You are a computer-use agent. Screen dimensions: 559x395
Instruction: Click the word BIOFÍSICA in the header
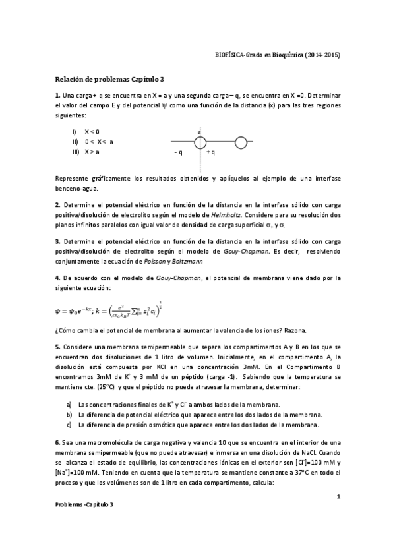click(231, 55)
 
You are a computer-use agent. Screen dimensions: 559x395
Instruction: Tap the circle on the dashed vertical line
click(200, 141)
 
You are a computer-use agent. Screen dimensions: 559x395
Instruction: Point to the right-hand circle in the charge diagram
click(241, 141)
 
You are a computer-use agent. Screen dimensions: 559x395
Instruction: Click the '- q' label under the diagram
click(178, 152)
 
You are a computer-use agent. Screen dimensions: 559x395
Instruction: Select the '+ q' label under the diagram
click(211, 152)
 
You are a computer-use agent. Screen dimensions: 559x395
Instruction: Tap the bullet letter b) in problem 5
click(69, 415)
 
